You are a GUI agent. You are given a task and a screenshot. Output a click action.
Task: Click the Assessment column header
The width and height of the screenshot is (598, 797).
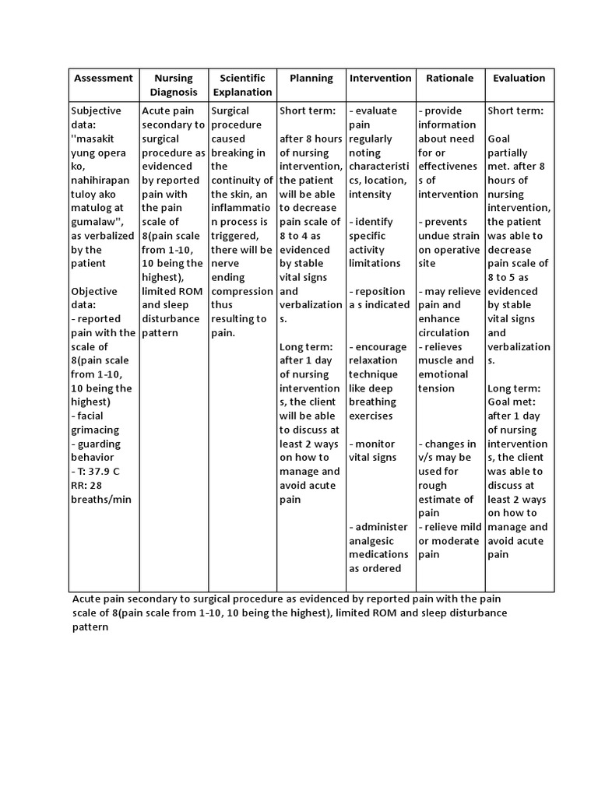103,78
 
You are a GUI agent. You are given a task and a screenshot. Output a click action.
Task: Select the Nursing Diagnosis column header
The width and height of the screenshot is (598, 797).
174,85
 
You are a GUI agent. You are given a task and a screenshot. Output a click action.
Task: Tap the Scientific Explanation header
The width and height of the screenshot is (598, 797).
242,85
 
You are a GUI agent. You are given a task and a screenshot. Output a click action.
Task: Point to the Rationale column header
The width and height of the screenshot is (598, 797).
449,78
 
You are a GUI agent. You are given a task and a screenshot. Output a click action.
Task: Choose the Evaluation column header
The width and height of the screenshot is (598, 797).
519,78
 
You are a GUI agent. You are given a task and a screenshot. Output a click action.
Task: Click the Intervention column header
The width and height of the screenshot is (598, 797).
380,78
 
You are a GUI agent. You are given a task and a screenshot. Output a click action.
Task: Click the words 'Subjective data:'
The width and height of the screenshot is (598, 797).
96,118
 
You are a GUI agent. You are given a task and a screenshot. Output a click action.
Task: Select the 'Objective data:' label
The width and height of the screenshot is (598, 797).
94,298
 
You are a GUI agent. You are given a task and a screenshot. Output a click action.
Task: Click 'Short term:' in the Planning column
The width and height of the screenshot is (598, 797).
308,111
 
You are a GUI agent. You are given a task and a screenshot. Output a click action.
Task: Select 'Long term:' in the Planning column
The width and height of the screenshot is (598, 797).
307,346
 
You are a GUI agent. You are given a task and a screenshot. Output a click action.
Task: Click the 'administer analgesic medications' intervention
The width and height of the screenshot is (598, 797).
378,547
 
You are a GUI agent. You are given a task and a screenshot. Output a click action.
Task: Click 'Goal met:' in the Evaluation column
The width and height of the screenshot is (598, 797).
513,402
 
